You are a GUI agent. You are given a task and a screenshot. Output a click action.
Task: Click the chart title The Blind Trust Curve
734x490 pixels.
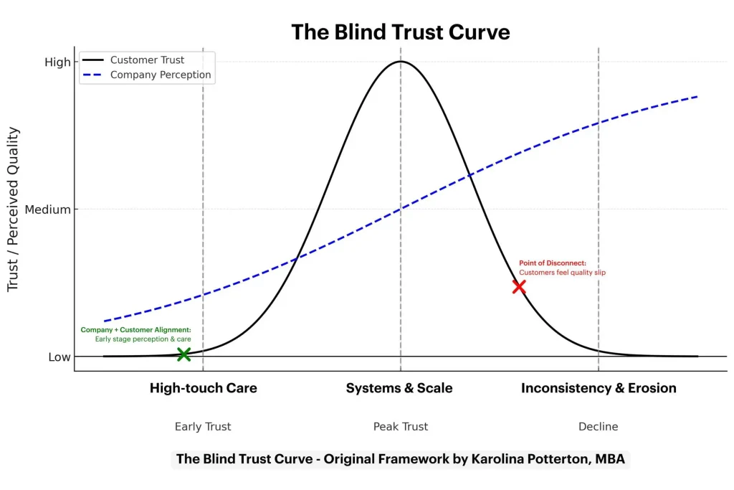[x=400, y=32]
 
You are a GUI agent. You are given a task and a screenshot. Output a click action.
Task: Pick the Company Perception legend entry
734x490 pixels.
[x=161, y=75]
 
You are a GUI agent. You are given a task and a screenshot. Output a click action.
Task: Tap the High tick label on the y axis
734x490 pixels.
[x=58, y=62]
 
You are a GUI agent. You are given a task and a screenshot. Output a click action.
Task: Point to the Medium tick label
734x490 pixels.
[x=48, y=210]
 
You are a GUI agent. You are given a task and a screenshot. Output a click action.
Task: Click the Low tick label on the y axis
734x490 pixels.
[x=59, y=357]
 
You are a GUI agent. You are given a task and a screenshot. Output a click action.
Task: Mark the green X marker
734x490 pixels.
[x=183, y=354]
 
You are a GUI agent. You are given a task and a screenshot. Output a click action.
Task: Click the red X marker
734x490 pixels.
[x=519, y=286]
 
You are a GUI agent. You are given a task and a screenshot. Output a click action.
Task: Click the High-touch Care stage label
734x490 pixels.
[x=203, y=388]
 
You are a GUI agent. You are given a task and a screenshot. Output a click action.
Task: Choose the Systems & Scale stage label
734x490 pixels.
[x=399, y=388]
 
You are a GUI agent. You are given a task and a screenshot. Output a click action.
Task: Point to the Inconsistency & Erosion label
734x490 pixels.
[x=599, y=388]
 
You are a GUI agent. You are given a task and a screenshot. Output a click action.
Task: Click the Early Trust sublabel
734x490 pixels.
[x=203, y=427]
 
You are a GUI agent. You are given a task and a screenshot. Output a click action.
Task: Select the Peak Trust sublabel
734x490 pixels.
[x=400, y=427]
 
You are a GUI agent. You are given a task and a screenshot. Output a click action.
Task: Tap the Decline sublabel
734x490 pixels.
[x=598, y=427]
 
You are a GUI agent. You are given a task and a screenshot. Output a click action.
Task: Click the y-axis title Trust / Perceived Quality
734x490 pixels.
[x=14, y=209]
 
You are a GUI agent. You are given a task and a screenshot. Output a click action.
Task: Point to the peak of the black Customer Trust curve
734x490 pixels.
[x=400, y=62]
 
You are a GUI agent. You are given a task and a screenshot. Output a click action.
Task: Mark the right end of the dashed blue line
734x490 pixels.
[x=697, y=97]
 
